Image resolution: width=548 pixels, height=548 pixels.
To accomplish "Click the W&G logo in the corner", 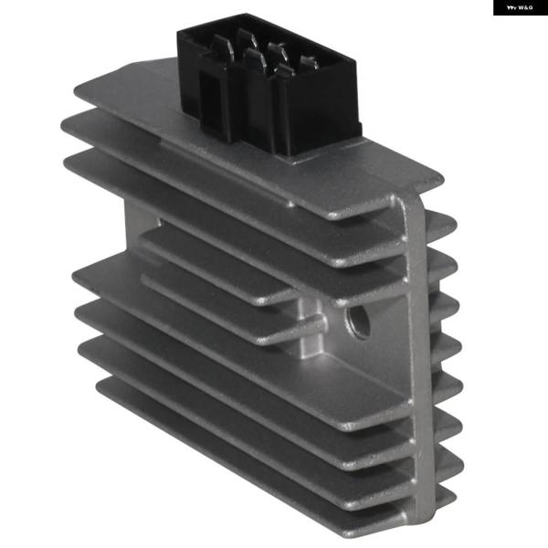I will tap(520, 7).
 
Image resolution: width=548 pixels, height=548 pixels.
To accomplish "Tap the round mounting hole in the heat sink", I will tap(359, 322).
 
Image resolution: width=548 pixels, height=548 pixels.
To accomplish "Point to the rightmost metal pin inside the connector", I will tap(308, 62).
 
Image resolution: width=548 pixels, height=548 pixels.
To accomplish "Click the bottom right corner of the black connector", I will tap(294, 155).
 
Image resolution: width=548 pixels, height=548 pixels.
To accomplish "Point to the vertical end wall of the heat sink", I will tap(415, 365).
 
